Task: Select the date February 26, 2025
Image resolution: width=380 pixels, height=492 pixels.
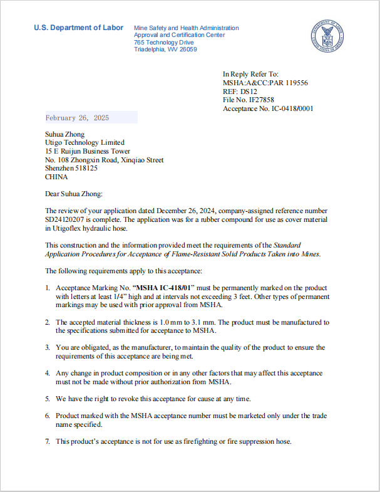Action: coord(77,118)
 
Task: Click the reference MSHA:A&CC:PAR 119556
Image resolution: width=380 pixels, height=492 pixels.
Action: coord(265,83)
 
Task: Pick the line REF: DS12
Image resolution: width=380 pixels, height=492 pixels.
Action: coord(240,92)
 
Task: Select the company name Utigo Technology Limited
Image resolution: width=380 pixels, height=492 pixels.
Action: coord(85,143)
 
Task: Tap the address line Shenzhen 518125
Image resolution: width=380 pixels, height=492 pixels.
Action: coord(71,169)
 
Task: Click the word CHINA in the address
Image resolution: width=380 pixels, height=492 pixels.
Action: coord(56,177)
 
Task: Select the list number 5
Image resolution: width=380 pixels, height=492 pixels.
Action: coord(48,399)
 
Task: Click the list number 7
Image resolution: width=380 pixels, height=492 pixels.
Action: coord(48,442)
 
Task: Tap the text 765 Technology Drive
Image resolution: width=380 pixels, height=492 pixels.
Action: coord(163,42)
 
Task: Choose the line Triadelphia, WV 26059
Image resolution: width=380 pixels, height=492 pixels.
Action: coord(165,49)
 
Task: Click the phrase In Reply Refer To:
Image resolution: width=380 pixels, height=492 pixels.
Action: coord(250,74)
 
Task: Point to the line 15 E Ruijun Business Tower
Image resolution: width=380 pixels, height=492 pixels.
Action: coord(88,152)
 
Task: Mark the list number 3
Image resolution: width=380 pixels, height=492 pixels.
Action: coord(48,347)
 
